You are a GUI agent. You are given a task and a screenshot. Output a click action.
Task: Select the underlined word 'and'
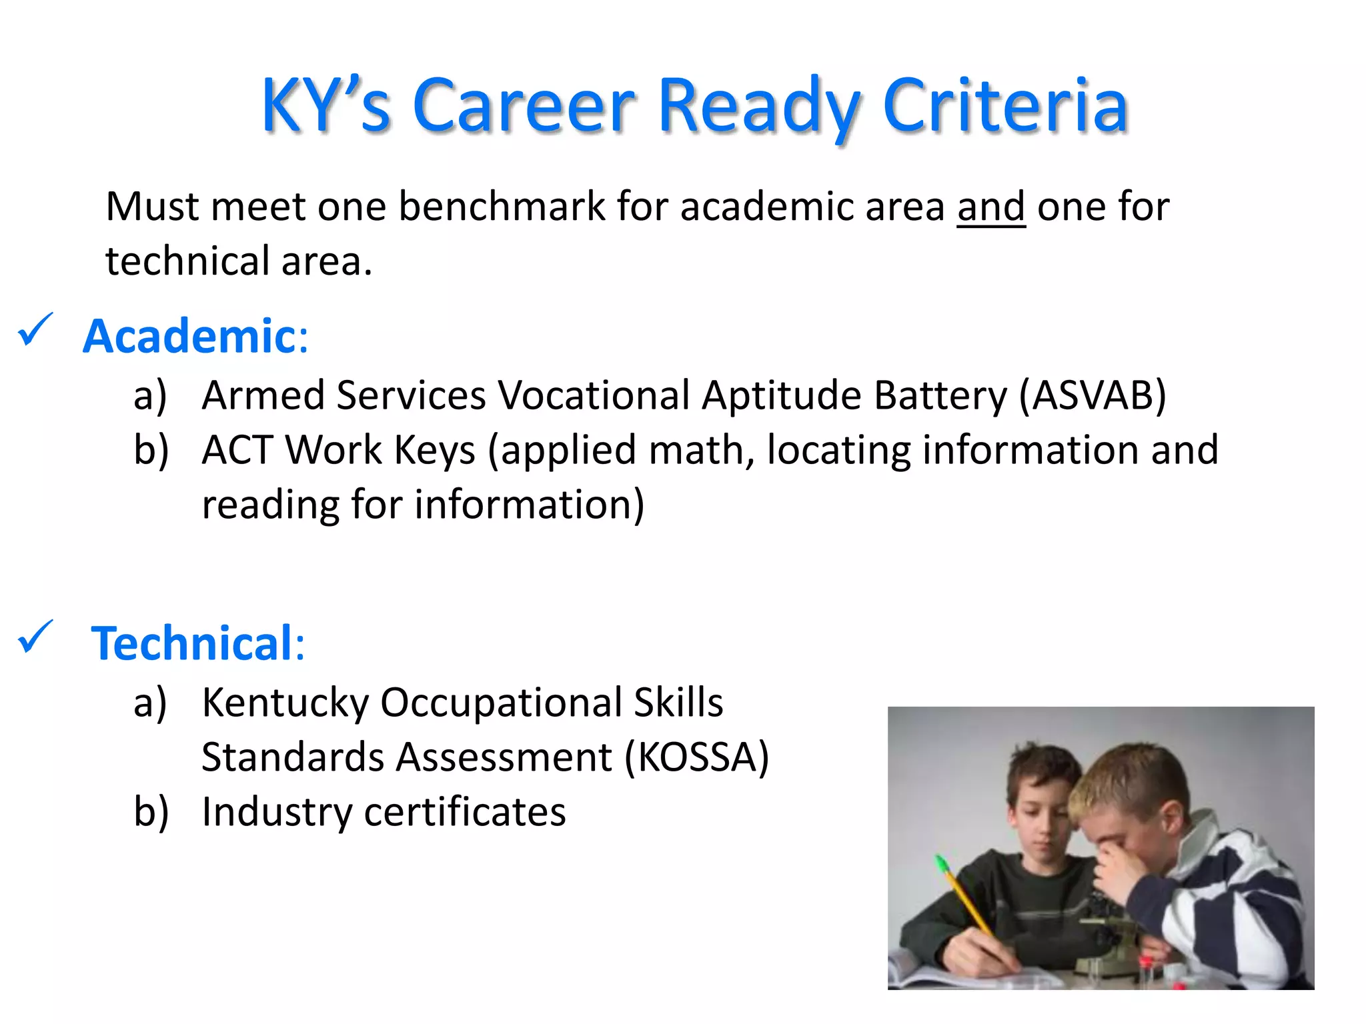point(990,207)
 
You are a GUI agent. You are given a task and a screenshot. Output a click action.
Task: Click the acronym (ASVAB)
point(1093,395)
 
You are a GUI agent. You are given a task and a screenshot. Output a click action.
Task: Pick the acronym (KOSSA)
point(697,757)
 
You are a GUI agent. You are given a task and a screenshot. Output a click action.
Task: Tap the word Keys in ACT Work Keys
point(435,450)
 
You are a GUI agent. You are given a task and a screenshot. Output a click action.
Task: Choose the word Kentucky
point(285,703)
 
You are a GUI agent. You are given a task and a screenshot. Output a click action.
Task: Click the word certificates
point(465,812)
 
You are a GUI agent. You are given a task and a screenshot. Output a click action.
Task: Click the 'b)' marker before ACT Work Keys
point(151,450)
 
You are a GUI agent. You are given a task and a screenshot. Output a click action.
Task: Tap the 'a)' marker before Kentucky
point(150,703)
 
